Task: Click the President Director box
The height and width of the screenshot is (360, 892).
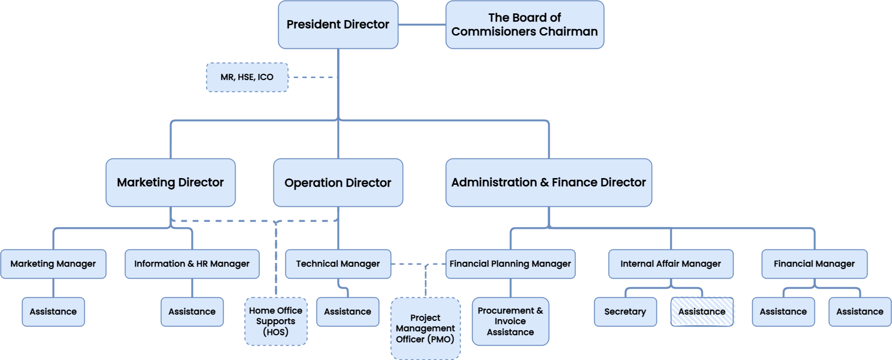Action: point(338,24)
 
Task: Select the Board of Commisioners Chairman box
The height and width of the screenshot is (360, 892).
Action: point(524,24)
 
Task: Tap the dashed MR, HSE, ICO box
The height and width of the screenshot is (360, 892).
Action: point(247,77)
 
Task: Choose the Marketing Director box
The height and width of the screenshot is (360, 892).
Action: point(170,182)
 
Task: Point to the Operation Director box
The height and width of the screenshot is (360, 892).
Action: point(338,182)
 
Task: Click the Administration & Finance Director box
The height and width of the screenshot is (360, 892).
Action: point(548,182)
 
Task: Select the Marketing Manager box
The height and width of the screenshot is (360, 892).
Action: point(53,264)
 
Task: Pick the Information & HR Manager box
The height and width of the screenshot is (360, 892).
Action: point(192,264)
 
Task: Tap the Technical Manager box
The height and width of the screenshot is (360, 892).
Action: point(338,264)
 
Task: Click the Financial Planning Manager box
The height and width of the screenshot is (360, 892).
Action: point(510,264)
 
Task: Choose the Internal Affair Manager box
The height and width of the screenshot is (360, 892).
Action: point(670,264)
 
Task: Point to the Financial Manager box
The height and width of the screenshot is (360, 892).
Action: point(814,264)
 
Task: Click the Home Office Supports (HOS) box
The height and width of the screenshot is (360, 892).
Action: point(276,321)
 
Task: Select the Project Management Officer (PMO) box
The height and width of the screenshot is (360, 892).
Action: point(425,328)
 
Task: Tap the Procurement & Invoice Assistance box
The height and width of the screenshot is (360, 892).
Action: point(510,321)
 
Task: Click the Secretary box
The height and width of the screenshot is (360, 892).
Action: point(625,312)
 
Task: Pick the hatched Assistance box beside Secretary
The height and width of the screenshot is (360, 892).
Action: point(701,312)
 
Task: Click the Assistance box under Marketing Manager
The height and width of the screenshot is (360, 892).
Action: point(53,312)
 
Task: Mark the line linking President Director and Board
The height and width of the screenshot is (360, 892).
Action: point(422,24)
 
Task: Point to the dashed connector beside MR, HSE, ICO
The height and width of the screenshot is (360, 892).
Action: point(313,77)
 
